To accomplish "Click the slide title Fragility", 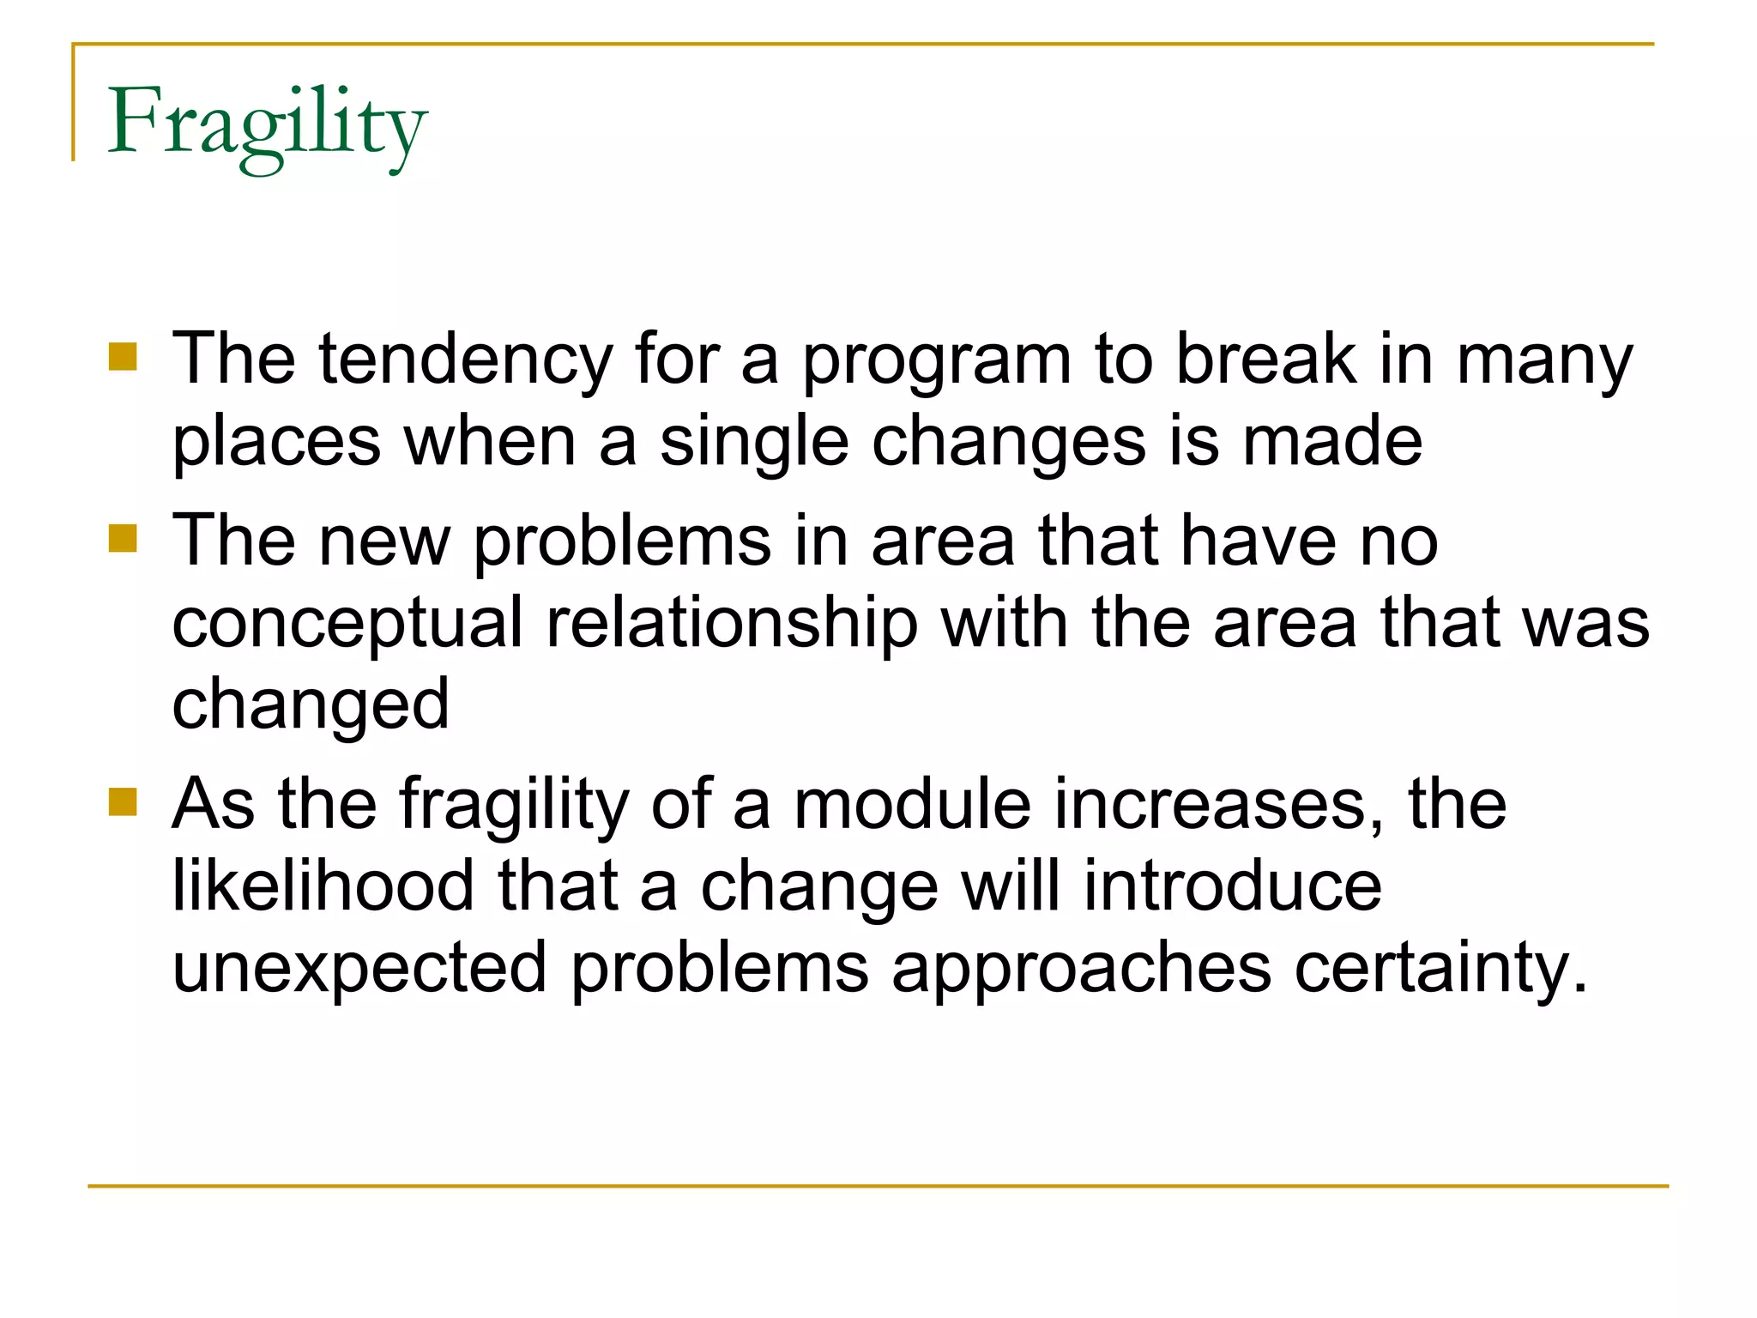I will pos(267,124).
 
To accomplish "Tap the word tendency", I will pos(466,359).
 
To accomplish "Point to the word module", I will pos(912,804).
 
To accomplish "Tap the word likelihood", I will pos(323,886).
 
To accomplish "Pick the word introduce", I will pos(1232,886).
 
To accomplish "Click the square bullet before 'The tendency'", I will pos(124,357).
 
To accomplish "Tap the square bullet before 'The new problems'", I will pos(124,539).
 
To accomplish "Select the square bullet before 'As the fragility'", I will pos(124,802).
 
